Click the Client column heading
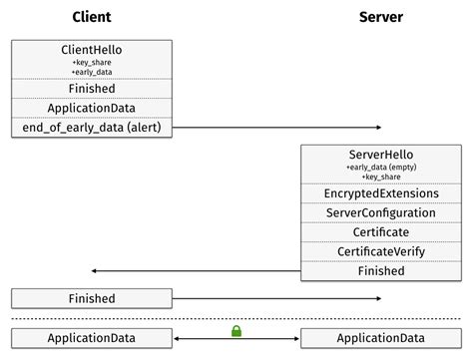point(92,17)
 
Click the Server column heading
point(380,17)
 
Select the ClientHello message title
point(92,50)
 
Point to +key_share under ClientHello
point(92,62)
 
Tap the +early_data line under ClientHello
point(92,72)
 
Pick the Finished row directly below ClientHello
point(92,89)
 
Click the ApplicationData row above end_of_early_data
point(92,108)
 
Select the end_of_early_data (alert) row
point(92,128)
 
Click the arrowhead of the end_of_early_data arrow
point(376,128)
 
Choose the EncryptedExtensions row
point(380,192)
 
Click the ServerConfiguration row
point(380,212)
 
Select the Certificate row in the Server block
point(380,231)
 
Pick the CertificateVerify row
point(380,251)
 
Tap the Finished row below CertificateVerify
point(380,270)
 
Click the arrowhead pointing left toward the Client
point(95,270)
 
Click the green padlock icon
point(236,330)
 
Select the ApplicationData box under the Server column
point(380,338)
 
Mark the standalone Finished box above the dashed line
point(92,298)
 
